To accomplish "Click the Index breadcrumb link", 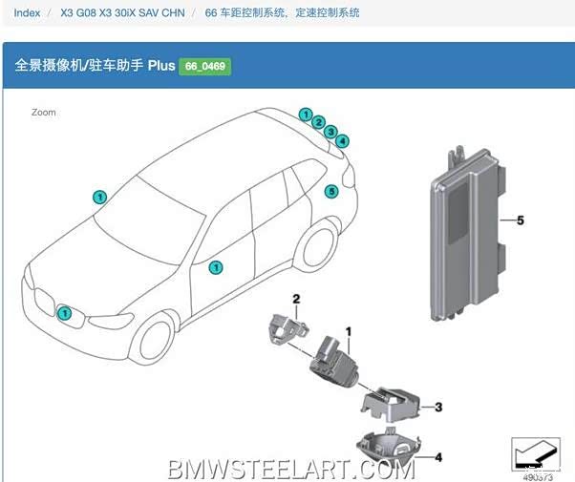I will pos(27,14).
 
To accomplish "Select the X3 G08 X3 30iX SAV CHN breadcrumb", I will pos(122,14).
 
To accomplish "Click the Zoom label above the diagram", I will pos(43,113).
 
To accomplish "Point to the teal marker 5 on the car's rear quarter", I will pos(331,192).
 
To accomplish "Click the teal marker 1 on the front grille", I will pos(65,313).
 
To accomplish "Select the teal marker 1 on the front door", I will pos(217,268).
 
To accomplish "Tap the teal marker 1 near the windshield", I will pos(99,198).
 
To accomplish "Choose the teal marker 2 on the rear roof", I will pos(318,123).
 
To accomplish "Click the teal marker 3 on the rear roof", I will pos(330,132).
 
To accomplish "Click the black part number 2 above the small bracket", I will pos(296,300).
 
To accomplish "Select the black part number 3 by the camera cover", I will pos(438,408).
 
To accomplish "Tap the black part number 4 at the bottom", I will pos(438,456).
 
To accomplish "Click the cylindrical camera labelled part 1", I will pos(330,363).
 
